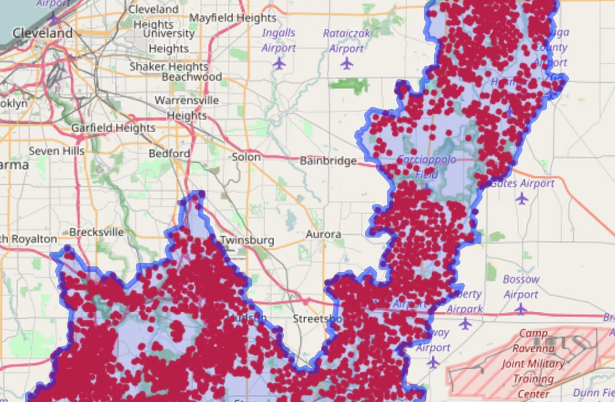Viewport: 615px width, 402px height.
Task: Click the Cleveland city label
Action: (43, 33)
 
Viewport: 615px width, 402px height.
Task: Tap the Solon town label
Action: (246, 157)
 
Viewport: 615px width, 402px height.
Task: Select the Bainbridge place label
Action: (328, 161)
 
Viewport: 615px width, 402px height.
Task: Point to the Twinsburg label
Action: (247, 240)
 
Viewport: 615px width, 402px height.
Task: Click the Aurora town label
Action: (324, 234)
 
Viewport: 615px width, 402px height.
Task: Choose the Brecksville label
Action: (96, 232)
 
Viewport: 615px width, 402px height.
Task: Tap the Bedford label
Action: (169, 153)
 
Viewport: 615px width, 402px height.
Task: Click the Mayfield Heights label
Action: (233, 18)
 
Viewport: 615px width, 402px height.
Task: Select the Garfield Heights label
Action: (113, 128)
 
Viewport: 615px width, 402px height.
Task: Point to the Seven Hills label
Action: (57, 151)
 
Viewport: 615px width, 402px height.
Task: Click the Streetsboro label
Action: (319, 319)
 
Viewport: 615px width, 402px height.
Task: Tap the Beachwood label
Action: (192, 77)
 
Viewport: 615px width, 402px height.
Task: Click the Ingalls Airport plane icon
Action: (279, 64)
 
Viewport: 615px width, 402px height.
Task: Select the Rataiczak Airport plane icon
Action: (347, 64)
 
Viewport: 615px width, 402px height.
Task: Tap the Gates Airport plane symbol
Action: (521, 198)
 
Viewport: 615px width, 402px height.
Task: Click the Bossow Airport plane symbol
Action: (520, 309)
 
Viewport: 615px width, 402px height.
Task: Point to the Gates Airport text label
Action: (522, 183)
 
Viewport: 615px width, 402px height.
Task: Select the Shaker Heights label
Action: (168, 66)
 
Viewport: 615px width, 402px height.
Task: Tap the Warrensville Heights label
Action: (187, 108)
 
